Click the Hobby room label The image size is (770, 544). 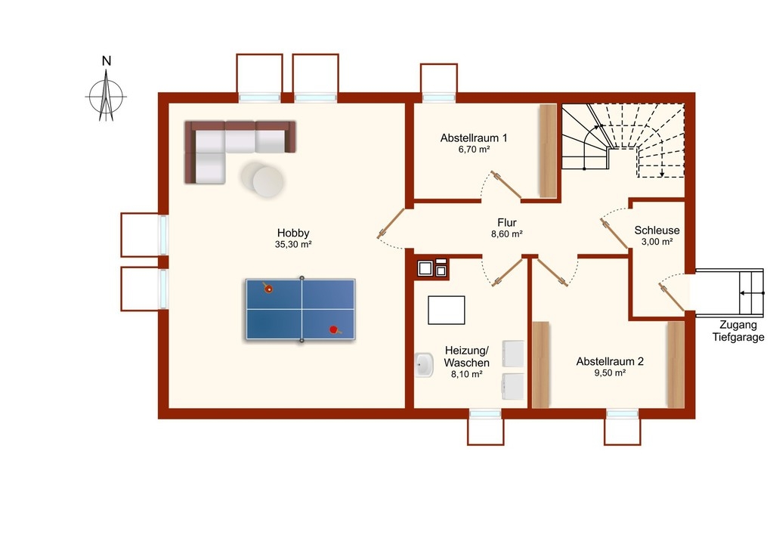click(293, 233)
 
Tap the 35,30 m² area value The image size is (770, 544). click(293, 245)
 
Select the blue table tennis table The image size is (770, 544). click(301, 309)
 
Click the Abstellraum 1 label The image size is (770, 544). click(474, 138)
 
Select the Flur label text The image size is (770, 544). click(507, 223)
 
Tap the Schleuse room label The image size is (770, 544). click(657, 230)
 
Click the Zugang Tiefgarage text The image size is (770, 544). click(738, 331)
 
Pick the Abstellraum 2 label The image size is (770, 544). click(610, 361)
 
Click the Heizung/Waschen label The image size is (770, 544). click(466, 357)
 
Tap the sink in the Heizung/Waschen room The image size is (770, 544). click(424, 365)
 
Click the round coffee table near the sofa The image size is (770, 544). click(262, 180)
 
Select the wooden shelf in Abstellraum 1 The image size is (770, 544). click(548, 150)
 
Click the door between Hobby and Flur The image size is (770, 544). click(391, 224)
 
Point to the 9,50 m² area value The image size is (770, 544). click(610, 372)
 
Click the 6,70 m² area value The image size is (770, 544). click(474, 150)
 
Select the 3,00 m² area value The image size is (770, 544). click(657, 242)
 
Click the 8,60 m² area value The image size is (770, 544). click(507, 234)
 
